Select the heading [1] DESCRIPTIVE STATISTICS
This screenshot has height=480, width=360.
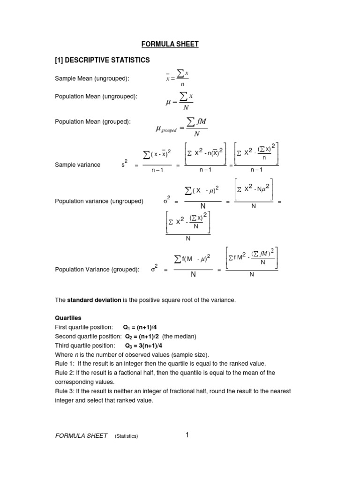[102, 60]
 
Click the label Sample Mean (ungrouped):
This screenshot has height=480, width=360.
[92, 78]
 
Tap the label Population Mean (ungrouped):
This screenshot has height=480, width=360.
[96, 96]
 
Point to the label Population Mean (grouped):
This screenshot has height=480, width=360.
[93, 121]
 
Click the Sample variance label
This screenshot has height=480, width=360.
[77, 165]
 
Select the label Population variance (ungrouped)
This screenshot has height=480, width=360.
[99, 201]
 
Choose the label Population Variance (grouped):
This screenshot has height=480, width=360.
[97, 270]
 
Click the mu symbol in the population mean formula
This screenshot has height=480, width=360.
[167, 101]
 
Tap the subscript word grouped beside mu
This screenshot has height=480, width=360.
[169, 131]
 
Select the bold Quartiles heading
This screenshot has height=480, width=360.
[68, 317]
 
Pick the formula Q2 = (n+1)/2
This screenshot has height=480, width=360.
[142, 336]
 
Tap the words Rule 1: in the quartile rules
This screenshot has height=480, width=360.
[64, 364]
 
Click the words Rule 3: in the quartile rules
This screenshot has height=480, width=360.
[64, 391]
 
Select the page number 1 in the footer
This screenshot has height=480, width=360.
[187, 435]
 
